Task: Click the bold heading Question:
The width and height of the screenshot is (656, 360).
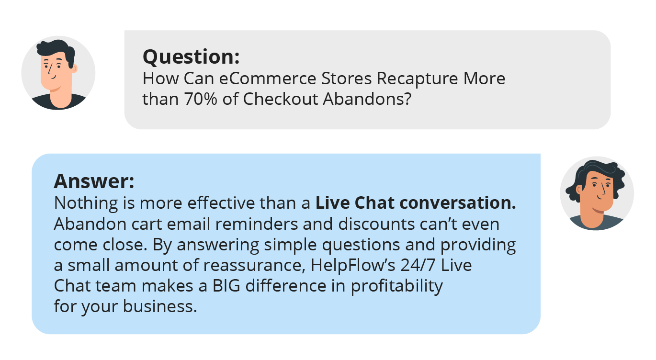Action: (191, 57)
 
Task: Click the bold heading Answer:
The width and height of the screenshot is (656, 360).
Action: (94, 181)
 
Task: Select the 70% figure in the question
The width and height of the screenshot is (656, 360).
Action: (201, 99)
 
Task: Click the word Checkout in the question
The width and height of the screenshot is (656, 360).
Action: (280, 99)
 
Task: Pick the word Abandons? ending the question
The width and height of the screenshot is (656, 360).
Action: (367, 99)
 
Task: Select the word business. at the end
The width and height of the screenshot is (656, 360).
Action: (160, 306)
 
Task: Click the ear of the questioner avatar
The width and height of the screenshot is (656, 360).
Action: (74, 69)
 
